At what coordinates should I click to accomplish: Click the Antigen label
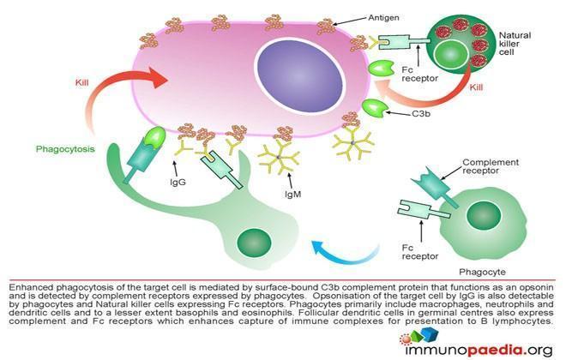tap(383, 18)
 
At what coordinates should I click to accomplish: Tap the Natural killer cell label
tap(515, 44)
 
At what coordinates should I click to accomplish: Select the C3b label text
tap(421, 114)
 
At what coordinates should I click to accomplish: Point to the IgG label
tap(178, 183)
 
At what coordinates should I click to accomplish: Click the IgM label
tap(292, 195)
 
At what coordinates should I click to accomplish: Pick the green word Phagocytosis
tap(65, 149)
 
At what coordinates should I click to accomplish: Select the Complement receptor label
tap(491, 166)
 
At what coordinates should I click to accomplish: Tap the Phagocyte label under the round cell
tap(482, 272)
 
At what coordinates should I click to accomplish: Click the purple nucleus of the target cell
tap(299, 78)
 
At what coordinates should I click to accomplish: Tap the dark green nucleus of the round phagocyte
tap(484, 216)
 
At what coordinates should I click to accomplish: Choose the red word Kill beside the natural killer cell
tap(476, 87)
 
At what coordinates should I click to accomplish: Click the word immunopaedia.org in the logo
tap(479, 350)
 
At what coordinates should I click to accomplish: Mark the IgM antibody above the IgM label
tap(279, 157)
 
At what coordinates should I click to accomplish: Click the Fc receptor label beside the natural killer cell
tap(419, 74)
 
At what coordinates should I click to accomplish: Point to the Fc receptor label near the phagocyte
tap(420, 252)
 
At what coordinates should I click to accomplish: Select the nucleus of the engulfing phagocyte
tap(254, 243)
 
